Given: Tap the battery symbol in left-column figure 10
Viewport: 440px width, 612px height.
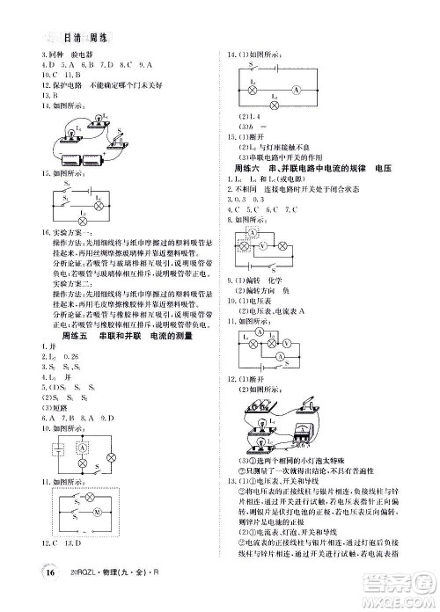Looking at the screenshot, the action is tap(56, 453).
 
